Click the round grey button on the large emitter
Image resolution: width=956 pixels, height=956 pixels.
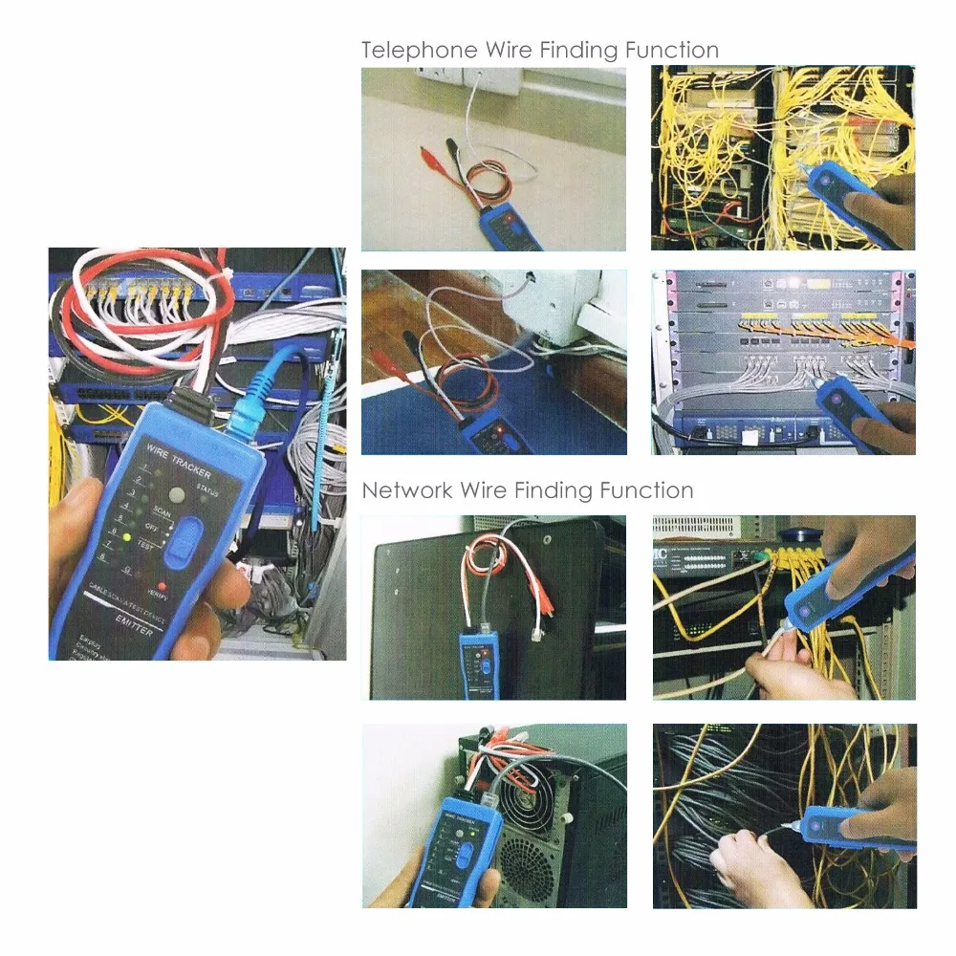point(177,495)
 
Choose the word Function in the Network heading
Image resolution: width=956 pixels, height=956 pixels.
point(646,491)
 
